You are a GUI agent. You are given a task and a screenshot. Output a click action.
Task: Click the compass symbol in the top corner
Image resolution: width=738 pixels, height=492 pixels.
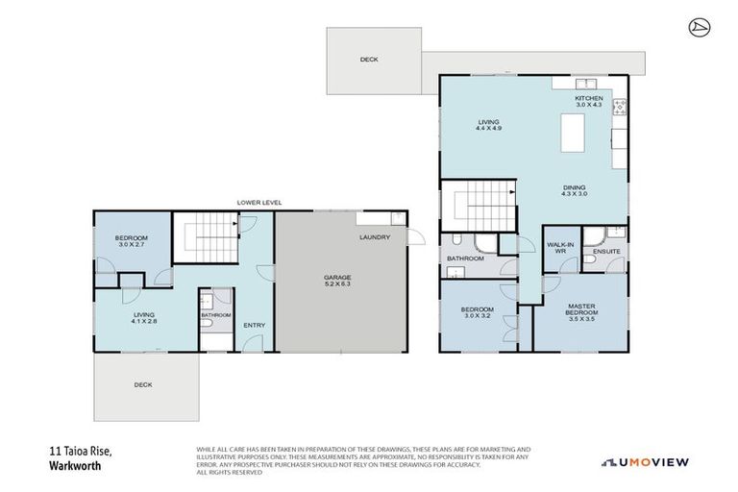(699, 26)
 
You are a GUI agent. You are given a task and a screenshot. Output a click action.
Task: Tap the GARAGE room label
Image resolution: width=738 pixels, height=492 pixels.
(337, 281)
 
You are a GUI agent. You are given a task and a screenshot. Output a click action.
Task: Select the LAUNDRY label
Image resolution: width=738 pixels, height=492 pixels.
(374, 237)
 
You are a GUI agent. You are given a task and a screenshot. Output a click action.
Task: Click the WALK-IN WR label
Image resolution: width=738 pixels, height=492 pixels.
(560, 248)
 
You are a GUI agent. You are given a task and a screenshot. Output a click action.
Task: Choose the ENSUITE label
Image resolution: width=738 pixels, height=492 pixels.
(606, 252)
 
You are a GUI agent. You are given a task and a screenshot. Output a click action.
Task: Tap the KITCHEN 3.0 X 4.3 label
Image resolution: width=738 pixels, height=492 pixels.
(589, 101)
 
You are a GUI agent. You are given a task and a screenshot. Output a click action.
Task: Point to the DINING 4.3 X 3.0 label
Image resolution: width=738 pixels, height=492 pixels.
(575, 190)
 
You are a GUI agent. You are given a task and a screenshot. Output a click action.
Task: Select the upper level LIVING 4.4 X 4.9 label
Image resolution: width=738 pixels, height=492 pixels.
(490, 124)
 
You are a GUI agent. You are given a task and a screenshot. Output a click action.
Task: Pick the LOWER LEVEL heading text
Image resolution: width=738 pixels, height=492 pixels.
(259, 203)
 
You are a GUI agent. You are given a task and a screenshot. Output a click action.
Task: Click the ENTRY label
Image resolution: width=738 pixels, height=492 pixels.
(254, 325)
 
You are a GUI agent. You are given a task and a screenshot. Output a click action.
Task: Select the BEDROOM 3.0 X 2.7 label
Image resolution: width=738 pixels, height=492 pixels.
(131, 240)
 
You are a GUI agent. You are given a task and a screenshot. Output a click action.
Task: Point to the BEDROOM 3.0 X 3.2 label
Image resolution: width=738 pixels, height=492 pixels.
(478, 310)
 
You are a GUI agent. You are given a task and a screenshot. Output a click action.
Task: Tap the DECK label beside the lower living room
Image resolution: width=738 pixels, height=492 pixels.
(143, 384)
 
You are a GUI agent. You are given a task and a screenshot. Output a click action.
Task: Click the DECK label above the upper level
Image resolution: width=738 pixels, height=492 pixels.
(369, 60)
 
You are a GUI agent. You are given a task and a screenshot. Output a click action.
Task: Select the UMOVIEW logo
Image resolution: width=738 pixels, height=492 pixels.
(645, 461)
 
